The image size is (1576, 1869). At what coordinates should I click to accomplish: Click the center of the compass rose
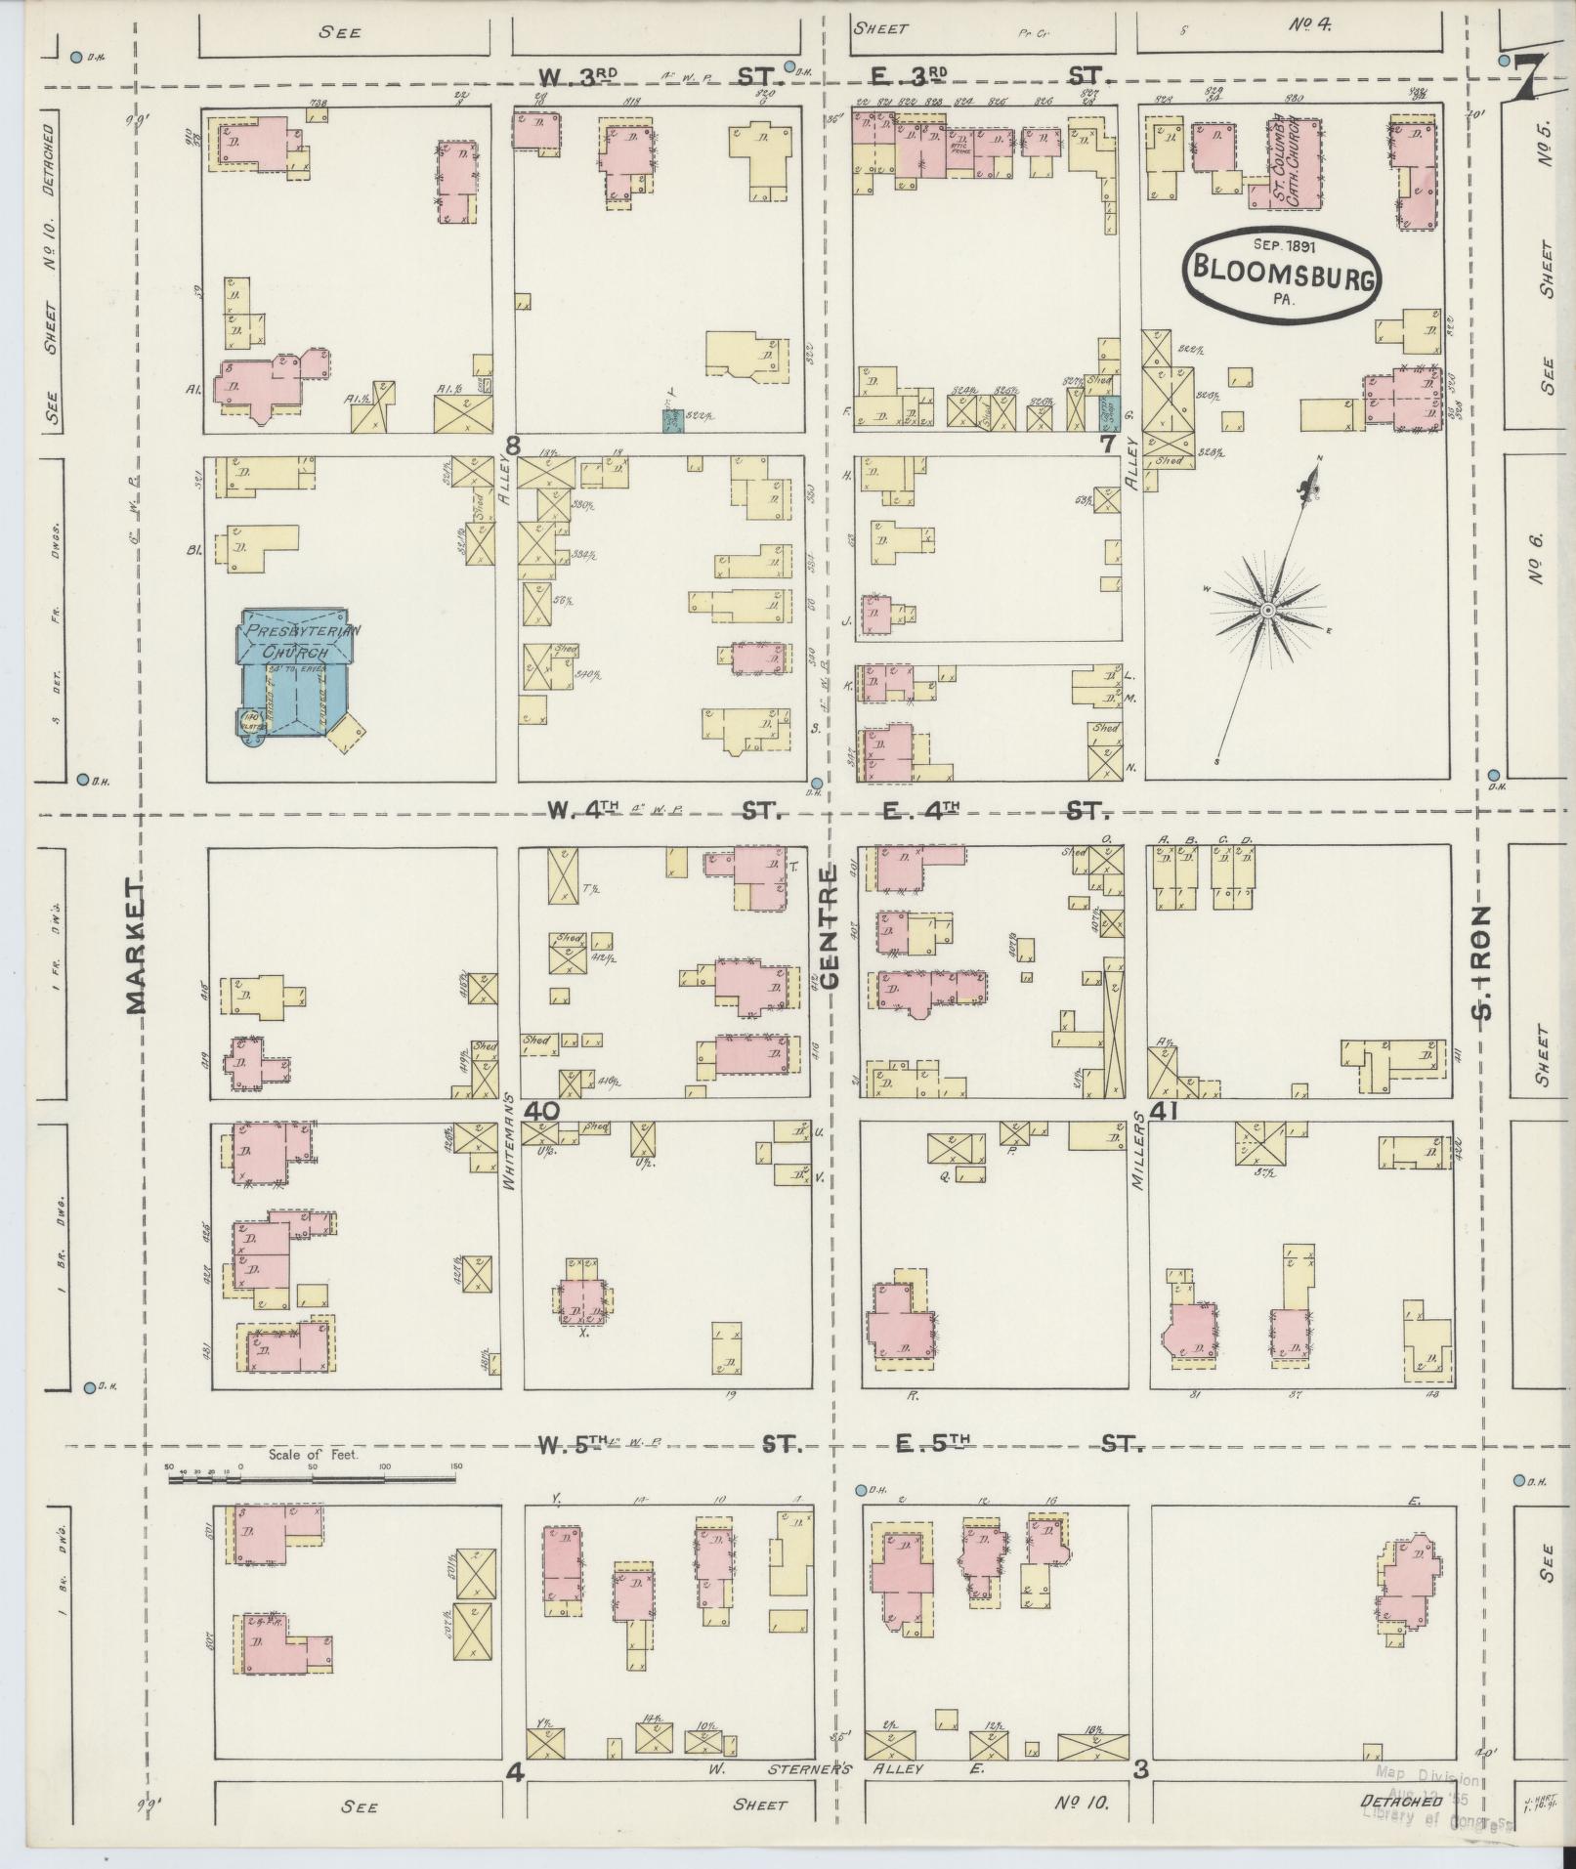pos(1266,611)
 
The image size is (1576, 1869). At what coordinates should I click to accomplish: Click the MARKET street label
pos(134,944)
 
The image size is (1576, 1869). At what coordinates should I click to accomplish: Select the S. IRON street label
pos(1483,962)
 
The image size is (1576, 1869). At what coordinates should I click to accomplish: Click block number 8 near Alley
pos(512,446)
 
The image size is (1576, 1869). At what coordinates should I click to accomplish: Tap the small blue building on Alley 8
pos(672,421)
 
